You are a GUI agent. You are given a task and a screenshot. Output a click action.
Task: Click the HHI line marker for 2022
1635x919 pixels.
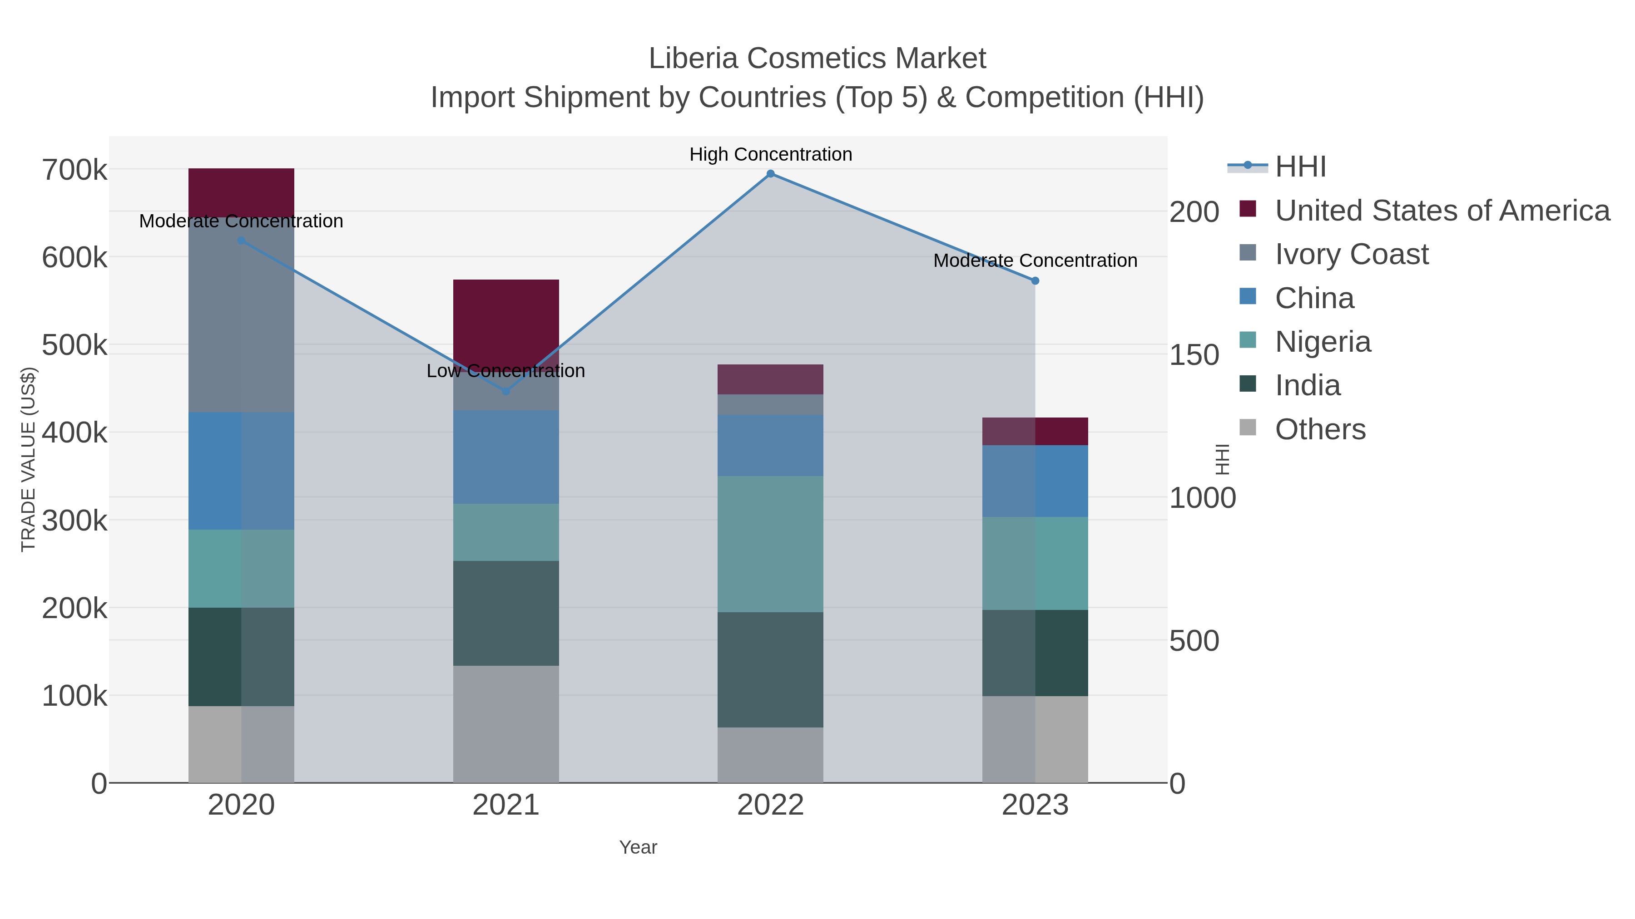(771, 174)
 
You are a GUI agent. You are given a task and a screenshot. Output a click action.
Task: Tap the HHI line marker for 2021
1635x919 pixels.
(506, 391)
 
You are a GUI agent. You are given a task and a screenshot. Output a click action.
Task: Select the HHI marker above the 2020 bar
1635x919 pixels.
(241, 241)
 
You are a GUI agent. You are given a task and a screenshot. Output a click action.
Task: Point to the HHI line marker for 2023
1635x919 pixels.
(1035, 281)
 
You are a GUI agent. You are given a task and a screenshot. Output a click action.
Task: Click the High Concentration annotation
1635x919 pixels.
(771, 155)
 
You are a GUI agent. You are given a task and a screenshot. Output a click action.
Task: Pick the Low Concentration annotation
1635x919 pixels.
(506, 371)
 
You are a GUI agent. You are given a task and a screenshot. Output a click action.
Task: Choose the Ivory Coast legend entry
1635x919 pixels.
(1352, 254)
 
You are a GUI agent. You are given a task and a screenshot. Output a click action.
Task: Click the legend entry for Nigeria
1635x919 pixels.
(1323, 342)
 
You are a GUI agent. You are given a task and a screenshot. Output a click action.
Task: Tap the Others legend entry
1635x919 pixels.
(1320, 429)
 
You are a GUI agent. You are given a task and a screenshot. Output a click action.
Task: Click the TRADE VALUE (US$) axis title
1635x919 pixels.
(29, 459)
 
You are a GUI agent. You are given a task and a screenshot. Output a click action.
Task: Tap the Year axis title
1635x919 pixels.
(638, 847)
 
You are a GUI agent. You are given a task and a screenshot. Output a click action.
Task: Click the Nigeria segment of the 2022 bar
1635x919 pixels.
(771, 544)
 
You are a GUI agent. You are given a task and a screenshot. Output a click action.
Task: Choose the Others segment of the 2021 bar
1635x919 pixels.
(506, 724)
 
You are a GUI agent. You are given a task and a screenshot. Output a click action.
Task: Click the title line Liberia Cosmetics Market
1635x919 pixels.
(817, 59)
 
